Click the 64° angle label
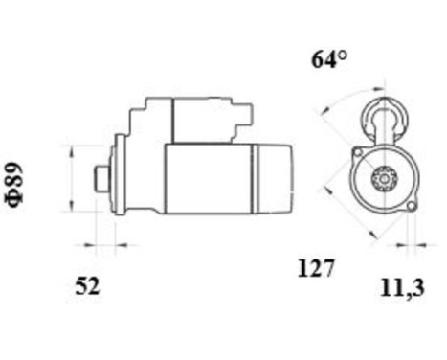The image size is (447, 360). point(328,59)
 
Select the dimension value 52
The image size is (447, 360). point(87,285)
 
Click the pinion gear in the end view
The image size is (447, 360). point(386,179)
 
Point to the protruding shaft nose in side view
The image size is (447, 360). point(101,178)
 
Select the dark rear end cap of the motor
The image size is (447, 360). point(274,178)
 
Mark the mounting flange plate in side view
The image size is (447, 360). point(120,177)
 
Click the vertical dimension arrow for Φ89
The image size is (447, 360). point(74,178)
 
